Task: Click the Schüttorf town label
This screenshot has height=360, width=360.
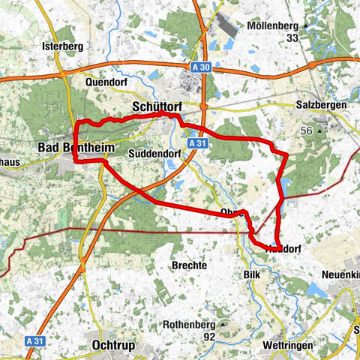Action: tap(157, 106)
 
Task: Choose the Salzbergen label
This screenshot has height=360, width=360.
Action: tap(321, 106)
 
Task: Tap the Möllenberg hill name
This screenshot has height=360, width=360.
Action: tap(276, 26)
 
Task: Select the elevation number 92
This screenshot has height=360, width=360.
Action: tap(208, 337)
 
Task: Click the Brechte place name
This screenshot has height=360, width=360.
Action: tap(189, 265)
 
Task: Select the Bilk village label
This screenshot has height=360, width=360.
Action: tap(251, 275)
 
